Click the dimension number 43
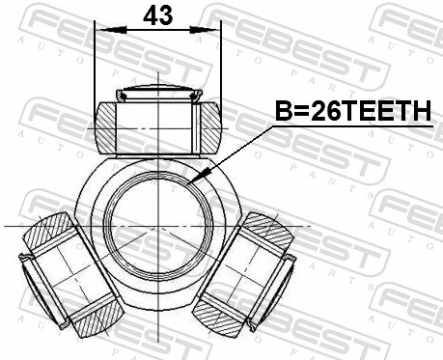point(157,15)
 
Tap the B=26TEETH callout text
point(353,111)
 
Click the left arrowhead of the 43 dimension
point(113,30)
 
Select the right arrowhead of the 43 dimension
point(203,30)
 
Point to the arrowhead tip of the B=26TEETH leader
point(188,184)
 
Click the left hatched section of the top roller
point(106,127)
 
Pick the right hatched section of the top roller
point(211,127)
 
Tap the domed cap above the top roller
point(159,93)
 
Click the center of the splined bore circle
point(158,226)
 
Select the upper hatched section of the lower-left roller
point(48,230)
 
